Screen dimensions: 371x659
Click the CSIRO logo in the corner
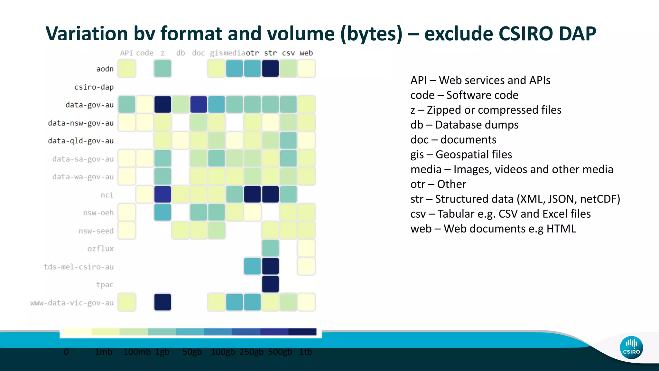631,347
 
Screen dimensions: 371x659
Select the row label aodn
105,69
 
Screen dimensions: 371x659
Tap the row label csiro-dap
94,87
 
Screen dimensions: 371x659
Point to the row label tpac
105,285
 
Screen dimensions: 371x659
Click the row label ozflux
100,249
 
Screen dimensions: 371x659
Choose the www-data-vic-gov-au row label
72,303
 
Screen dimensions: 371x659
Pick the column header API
126,53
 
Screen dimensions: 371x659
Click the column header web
306,53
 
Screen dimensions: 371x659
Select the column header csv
288,53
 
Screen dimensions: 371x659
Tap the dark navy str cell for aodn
270,69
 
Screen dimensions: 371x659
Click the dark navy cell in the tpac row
270,284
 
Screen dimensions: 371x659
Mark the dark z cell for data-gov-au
162,105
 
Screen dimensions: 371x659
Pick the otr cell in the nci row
252,195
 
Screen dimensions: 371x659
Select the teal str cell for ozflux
270,248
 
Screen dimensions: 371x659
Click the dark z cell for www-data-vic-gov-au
162,302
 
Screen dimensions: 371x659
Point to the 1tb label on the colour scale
305,352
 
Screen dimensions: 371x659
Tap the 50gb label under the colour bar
192,352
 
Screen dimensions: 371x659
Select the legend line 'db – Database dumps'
464,125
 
